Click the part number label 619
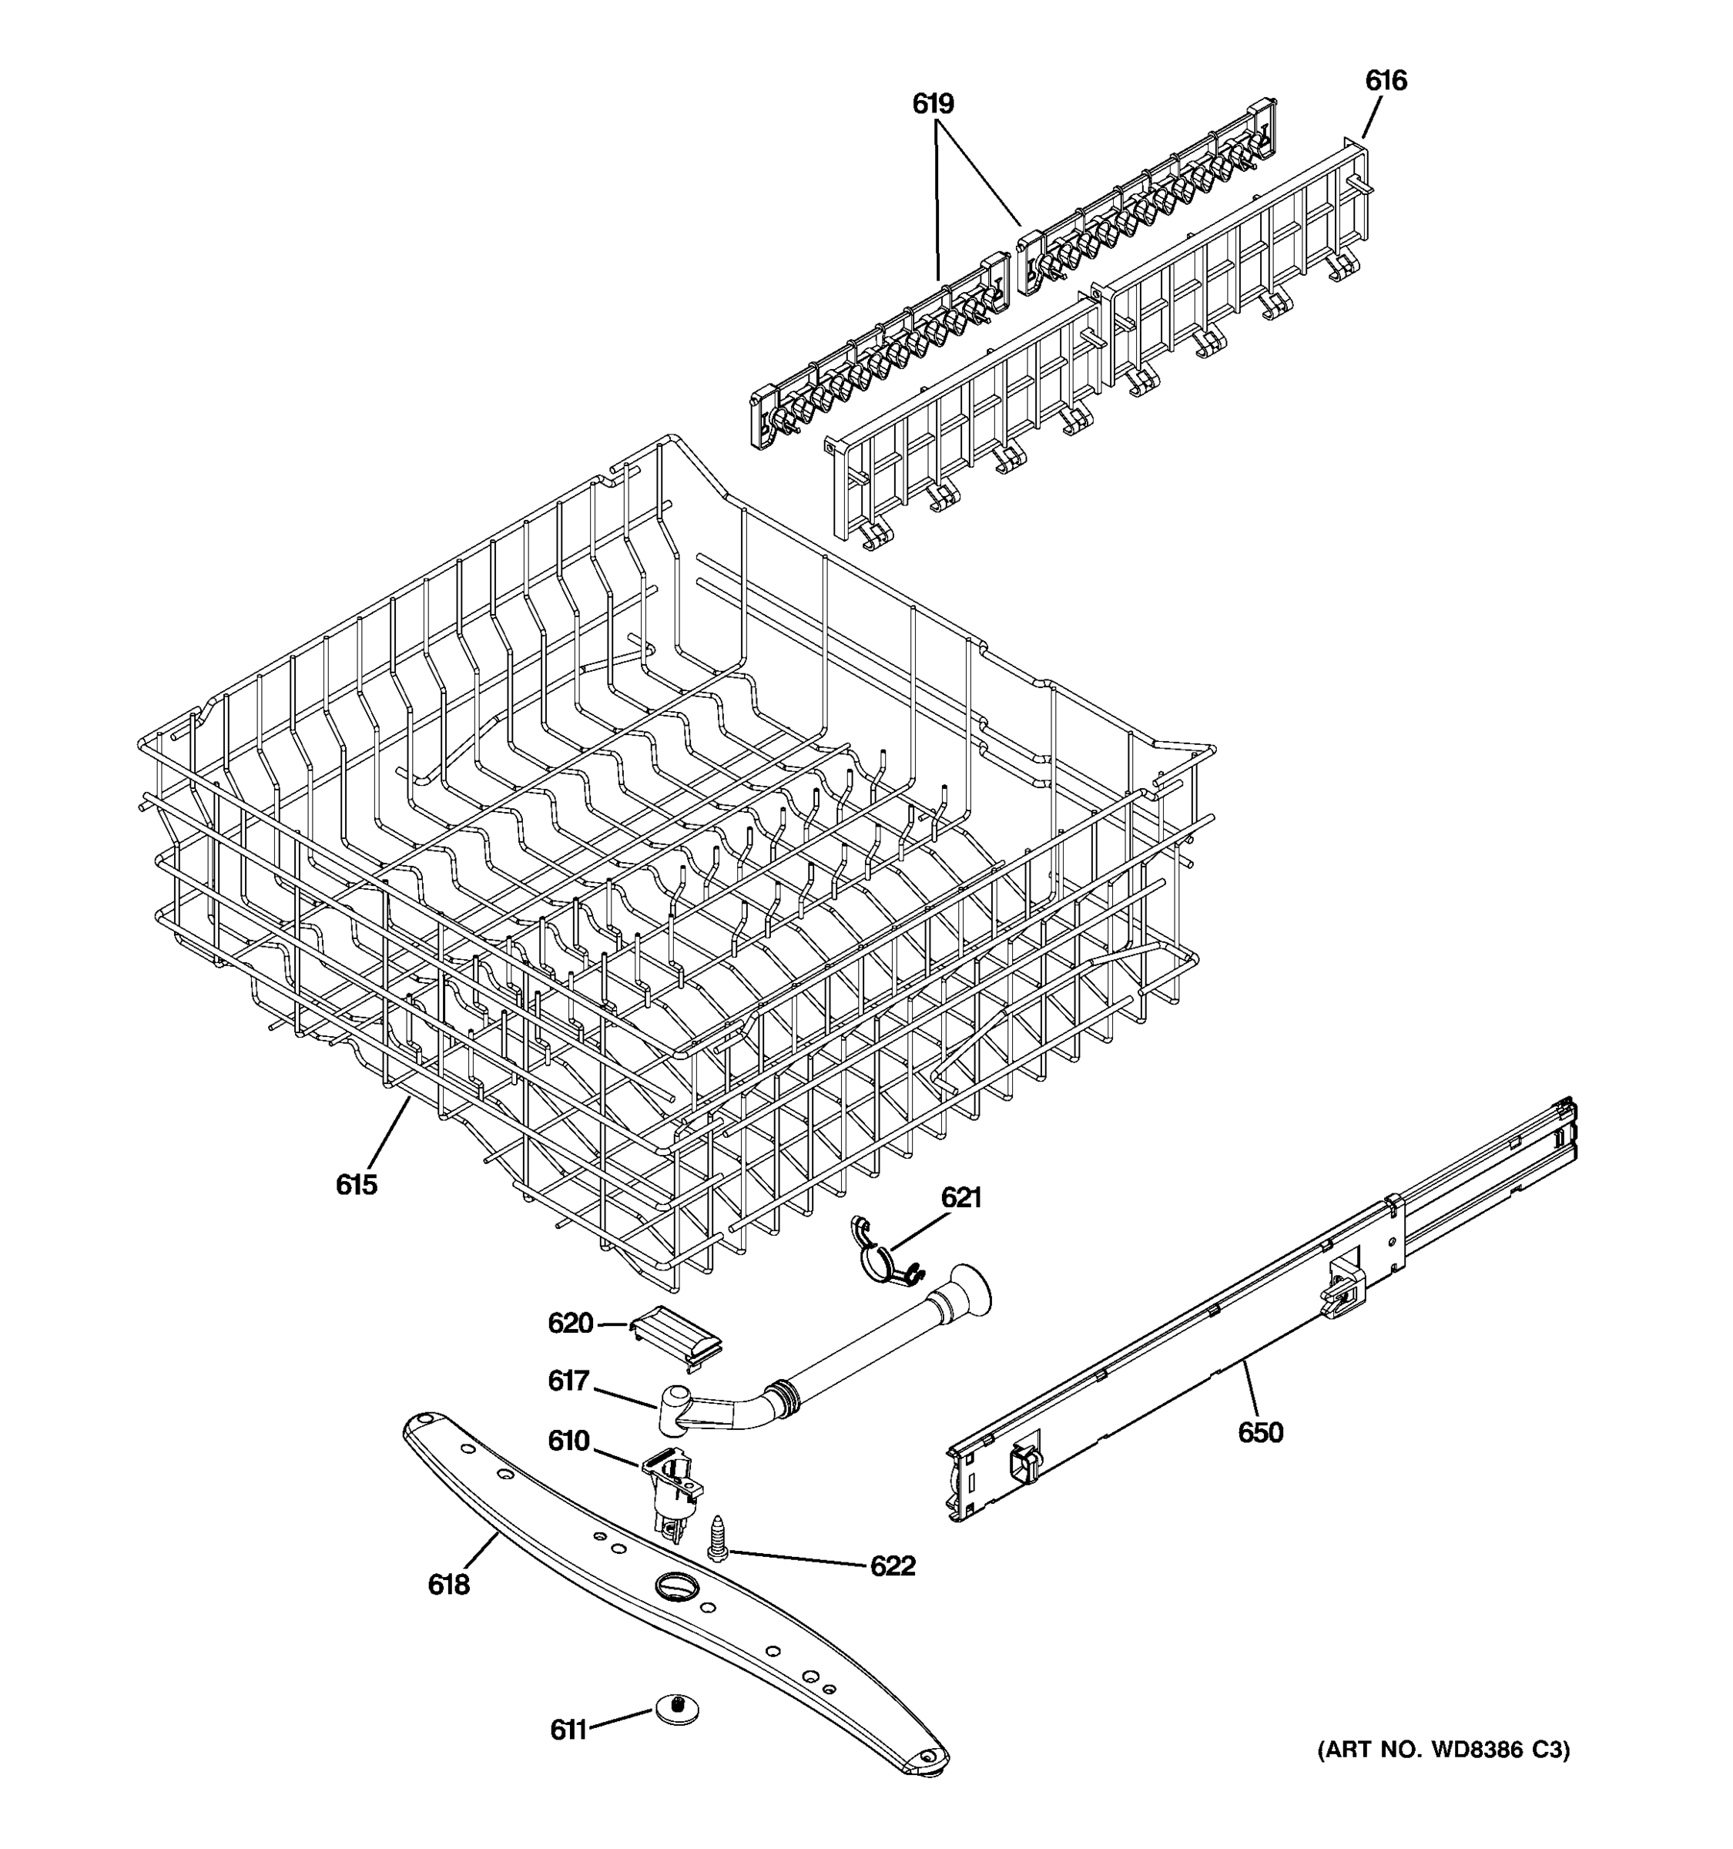(933, 104)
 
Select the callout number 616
(1386, 81)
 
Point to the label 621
(960, 1197)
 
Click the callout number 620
(570, 1323)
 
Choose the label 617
(568, 1381)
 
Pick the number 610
(568, 1441)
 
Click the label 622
(893, 1566)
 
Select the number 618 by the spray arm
(449, 1585)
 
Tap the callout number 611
(568, 1730)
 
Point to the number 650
(1260, 1432)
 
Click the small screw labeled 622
(717, 1539)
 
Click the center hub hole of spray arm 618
(675, 1585)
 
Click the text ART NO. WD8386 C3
(1443, 1750)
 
